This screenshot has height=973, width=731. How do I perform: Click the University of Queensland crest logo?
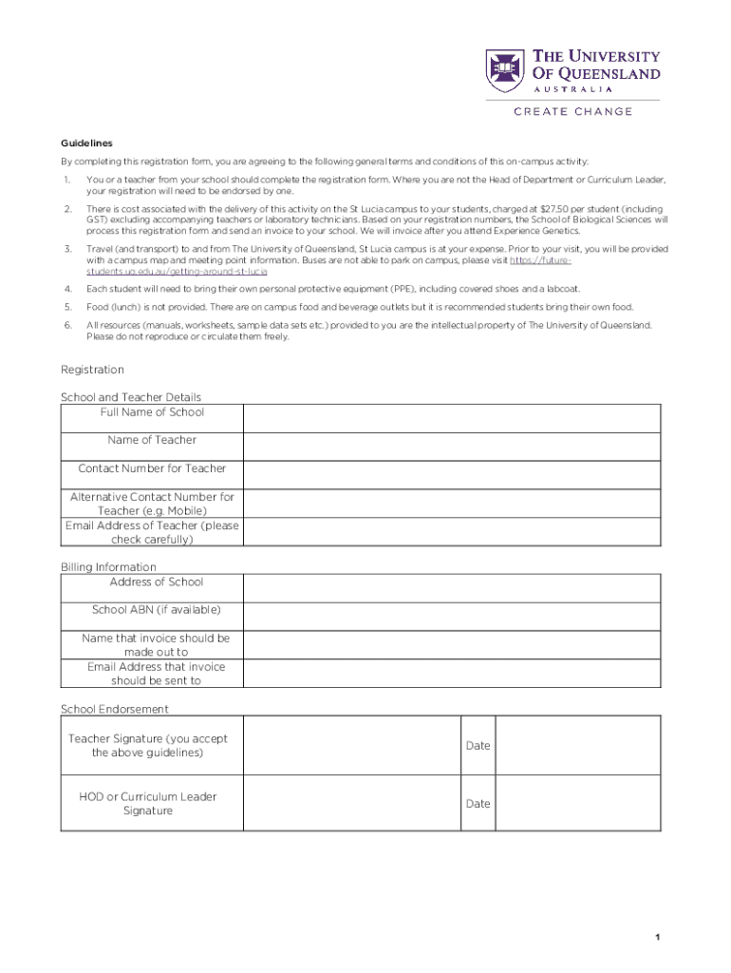click(504, 70)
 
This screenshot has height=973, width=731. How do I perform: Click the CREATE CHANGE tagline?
click(572, 112)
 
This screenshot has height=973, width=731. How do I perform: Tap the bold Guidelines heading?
click(86, 143)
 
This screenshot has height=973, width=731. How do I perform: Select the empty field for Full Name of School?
click(451, 418)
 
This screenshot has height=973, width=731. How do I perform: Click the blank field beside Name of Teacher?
click(451, 447)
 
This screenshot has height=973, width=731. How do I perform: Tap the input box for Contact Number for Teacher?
click(451, 475)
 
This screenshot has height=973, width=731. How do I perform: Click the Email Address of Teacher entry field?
click(451, 532)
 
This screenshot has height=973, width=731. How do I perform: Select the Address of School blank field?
click(451, 588)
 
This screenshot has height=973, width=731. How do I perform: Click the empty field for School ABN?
click(451, 617)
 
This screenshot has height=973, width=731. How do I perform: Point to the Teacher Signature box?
click(350, 746)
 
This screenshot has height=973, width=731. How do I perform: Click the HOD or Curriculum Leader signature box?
click(350, 804)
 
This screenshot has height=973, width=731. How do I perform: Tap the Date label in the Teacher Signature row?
click(478, 746)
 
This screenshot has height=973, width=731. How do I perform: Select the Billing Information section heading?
click(108, 567)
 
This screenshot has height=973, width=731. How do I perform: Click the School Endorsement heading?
click(115, 709)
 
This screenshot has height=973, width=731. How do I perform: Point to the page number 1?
click(656, 938)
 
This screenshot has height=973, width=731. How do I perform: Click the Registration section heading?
click(92, 370)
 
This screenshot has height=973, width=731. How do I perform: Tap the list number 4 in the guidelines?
click(67, 289)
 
